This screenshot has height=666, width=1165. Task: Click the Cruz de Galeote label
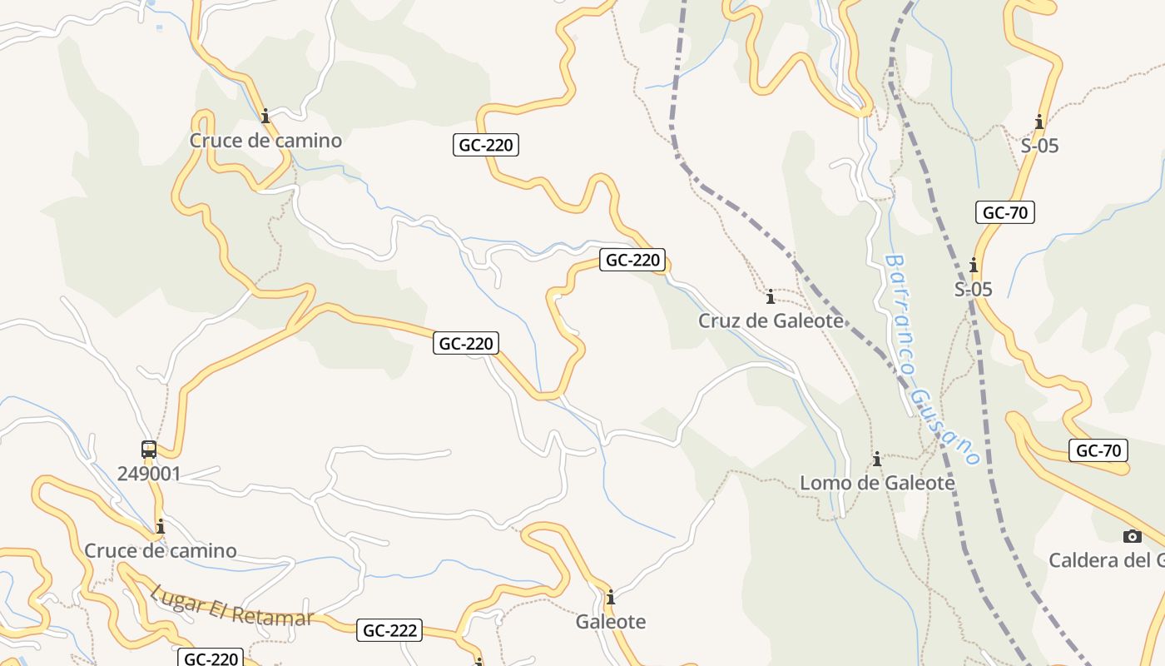click(x=771, y=321)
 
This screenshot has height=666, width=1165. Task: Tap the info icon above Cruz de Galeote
click(x=771, y=296)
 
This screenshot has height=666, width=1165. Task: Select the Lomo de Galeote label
click(x=877, y=483)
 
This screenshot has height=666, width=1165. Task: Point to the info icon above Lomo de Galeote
click(x=876, y=459)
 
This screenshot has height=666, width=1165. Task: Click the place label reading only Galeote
click(x=611, y=622)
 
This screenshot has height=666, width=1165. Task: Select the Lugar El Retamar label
click(x=232, y=606)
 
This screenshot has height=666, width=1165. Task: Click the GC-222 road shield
click(x=390, y=631)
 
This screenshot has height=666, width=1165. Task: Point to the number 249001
click(x=149, y=475)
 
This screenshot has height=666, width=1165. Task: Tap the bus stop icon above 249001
click(x=149, y=450)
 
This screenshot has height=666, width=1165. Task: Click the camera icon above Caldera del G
click(x=1132, y=536)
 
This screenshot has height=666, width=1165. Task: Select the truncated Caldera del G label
click(x=1106, y=560)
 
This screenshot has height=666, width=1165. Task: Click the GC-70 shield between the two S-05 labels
click(x=1005, y=212)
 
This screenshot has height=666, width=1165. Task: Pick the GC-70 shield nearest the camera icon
click(x=1098, y=451)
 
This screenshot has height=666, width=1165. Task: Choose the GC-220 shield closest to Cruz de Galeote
click(x=632, y=260)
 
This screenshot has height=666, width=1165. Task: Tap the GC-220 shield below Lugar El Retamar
click(x=211, y=659)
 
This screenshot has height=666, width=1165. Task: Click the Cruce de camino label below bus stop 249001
click(x=161, y=551)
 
